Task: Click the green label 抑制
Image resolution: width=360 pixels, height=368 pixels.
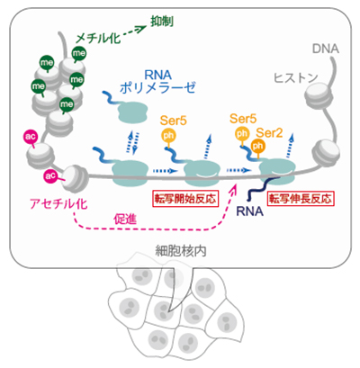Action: pos(162,22)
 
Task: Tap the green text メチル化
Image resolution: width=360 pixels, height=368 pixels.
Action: pos(98,39)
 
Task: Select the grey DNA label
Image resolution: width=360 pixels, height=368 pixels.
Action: pos(326,49)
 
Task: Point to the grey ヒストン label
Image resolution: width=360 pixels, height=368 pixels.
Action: pos(296,78)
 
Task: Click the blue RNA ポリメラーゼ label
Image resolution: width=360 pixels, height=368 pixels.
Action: pos(157,81)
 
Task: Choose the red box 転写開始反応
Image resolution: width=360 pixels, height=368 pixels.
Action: pos(185,198)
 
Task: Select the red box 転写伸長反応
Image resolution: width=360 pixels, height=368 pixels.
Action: pos(301,198)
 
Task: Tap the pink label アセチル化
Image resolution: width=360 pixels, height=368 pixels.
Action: pos(58,204)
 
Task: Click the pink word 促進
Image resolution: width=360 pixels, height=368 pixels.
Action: pos(125,220)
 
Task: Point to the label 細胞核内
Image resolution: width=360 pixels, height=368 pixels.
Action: pos(181,251)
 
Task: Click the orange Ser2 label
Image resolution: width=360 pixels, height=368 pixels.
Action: pos(269,133)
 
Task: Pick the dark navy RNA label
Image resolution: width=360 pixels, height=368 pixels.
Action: pos(249,211)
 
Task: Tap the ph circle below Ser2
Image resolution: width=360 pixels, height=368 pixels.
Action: pos(257,146)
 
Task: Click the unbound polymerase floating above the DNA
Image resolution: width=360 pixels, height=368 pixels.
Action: pos(132,112)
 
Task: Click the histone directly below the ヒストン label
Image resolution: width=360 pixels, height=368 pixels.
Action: pos(319,97)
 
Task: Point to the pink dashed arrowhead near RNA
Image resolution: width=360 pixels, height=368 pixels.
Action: pos(233,189)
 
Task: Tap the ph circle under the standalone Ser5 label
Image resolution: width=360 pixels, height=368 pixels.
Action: pos(168,135)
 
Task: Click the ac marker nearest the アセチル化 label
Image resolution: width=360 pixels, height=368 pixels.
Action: pos(50,176)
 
